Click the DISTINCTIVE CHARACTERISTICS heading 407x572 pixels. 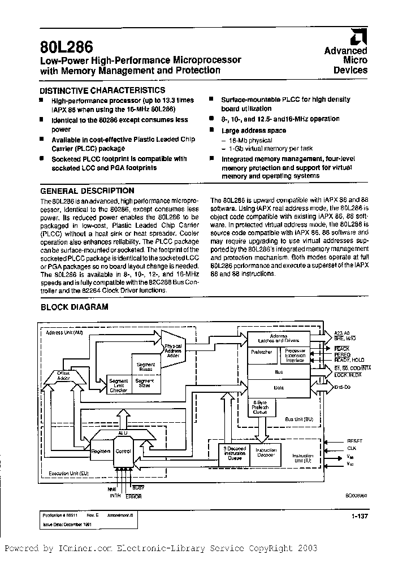(102, 90)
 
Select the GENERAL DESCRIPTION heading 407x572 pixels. (88, 191)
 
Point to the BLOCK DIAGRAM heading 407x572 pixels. (74, 307)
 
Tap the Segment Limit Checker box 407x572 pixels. (119, 385)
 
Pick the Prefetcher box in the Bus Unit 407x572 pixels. (262, 352)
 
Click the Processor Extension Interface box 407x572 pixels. (295, 355)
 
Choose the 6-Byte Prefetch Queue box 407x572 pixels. (261, 408)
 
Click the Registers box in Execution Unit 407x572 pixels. (101, 452)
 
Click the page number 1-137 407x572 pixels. (358, 516)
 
